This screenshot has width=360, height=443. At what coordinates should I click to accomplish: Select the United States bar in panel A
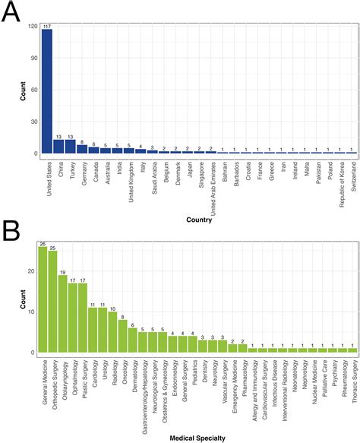coord(46,92)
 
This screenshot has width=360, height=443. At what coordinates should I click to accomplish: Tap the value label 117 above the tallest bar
coord(46,27)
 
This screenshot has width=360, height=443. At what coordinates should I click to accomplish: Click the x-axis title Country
coord(199,220)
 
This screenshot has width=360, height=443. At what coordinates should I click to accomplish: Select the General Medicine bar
coord(43,300)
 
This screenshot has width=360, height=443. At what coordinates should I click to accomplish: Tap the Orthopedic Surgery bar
coord(52,302)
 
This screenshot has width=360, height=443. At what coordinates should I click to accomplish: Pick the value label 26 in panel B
coord(43,243)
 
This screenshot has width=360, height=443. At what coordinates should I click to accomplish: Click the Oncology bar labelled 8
coord(122,336)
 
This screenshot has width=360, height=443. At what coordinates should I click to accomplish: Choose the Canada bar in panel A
coord(93,150)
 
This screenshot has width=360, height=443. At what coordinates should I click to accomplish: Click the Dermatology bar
coord(132,340)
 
